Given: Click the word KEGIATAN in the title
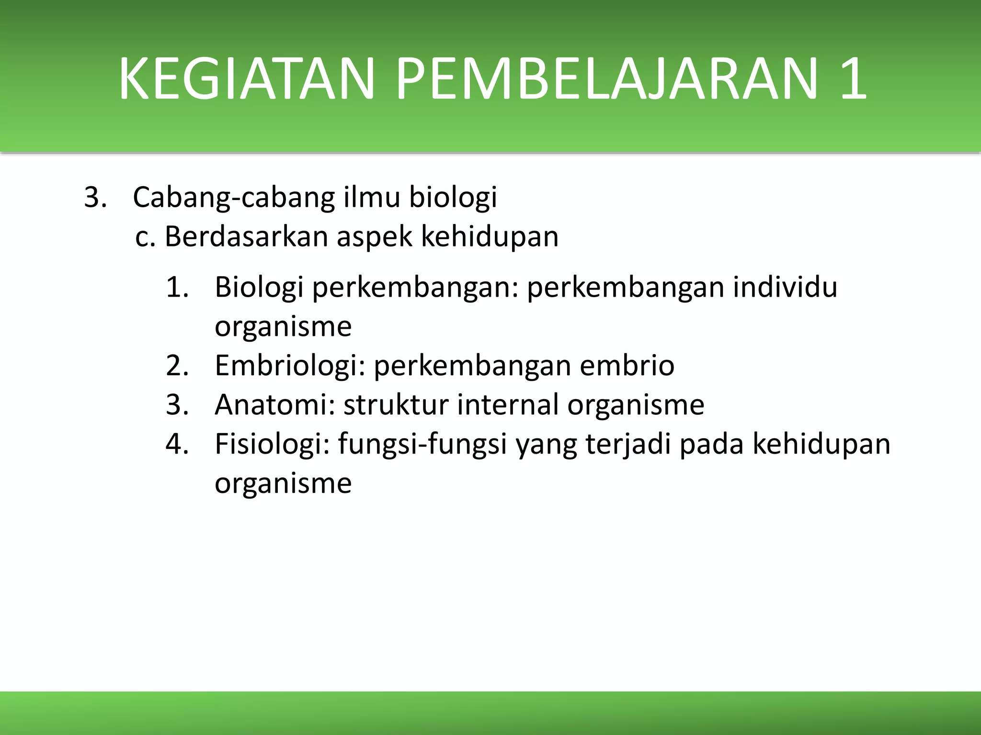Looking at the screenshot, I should (x=245, y=78).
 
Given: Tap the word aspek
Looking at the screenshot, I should (x=374, y=236).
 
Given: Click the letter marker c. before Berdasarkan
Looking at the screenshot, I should (x=146, y=237).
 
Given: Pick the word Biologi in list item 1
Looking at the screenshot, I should (x=259, y=288).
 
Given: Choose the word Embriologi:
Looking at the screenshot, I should (x=290, y=366).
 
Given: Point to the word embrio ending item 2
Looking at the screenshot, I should (x=627, y=366).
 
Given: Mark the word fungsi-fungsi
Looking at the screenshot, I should (x=422, y=444).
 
